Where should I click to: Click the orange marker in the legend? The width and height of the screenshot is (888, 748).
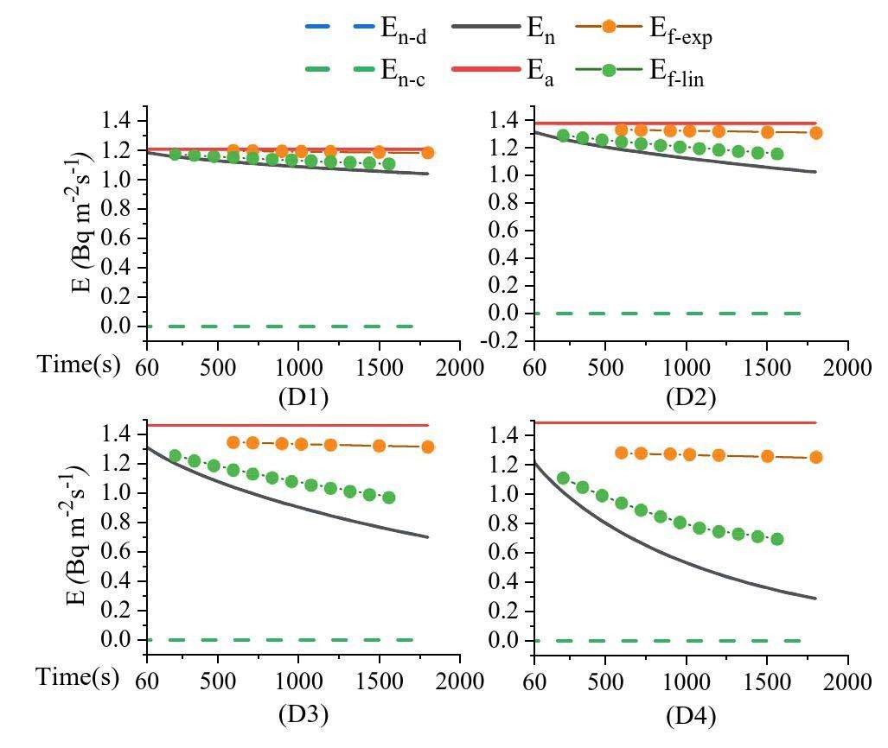(x=609, y=27)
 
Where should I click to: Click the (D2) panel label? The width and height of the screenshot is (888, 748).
(x=691, y=398)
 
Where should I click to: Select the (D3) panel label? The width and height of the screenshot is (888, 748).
(x=303, y=714)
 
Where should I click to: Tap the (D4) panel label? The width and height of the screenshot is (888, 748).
(x=691, y=715)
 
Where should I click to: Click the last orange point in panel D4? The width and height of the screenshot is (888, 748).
(x=815, y=457)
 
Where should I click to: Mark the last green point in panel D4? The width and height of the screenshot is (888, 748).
(x=777, y=539)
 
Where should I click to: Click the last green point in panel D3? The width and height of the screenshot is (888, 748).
(x=389, y=498)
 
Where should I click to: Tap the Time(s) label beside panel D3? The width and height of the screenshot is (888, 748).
(x=79, y=679)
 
